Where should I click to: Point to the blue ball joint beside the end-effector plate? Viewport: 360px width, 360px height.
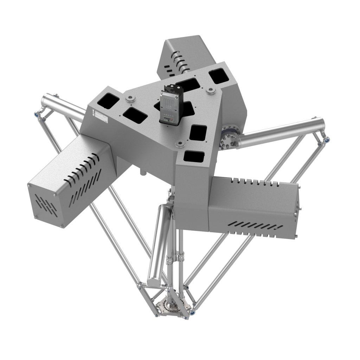(x=192, y=311)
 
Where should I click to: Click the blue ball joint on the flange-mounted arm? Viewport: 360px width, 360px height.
(x=327, y=140)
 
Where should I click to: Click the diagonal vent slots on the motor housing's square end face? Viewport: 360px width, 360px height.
(x=46, y=204)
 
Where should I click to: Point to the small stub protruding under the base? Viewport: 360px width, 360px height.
(x=142, y=172)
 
